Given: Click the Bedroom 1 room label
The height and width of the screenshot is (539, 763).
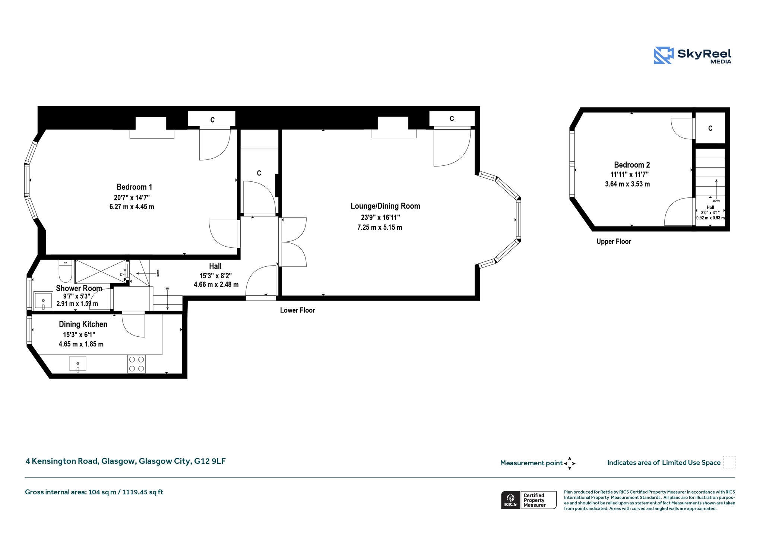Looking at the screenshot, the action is pos(134,187).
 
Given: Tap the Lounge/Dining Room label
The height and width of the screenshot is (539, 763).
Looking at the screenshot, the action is pos(385,206).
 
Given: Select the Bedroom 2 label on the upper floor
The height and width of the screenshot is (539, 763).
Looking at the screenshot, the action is pos(632,165).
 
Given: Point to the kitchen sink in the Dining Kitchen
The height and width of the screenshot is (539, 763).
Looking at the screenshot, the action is pos(78,364).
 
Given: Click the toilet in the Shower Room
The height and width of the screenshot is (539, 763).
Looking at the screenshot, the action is pos(65,271).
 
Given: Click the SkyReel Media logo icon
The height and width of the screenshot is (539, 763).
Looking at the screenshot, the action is pos(664,55).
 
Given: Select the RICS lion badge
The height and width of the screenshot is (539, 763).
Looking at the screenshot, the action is pos(510,500).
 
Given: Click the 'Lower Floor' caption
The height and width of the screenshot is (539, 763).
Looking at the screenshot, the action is pos(298,310).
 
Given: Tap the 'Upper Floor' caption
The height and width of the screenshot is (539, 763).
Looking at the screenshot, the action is pos(614,241).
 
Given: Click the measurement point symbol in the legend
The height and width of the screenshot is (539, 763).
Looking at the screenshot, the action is pos(570,463).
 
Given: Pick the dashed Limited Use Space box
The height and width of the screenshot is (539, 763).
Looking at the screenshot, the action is pos(729,462).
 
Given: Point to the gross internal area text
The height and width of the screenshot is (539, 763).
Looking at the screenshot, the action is pos(94,492).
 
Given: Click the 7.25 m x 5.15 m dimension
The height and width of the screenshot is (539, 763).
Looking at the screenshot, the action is pos(380,227).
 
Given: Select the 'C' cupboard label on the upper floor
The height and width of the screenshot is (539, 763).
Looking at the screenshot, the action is pos(710,128).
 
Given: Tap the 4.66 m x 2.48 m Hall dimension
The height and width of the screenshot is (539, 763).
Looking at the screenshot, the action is pos(216,285).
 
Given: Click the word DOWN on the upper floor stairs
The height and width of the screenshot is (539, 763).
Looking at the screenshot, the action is pos(716,201).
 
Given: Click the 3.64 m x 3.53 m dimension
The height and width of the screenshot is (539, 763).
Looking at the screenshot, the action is pos(627,184).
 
